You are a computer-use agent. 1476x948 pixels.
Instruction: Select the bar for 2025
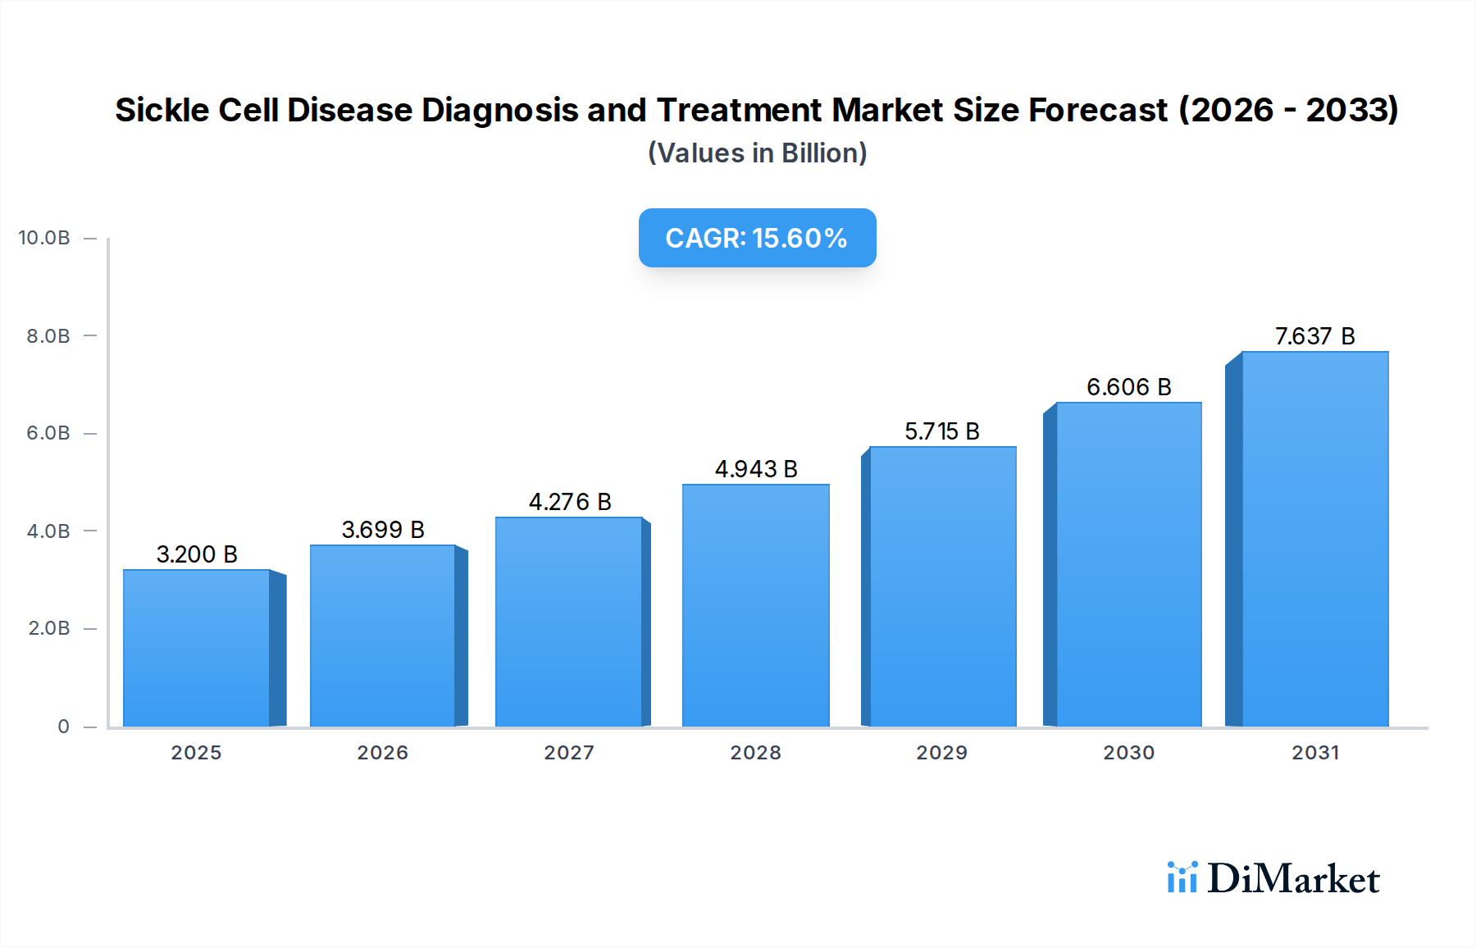coord(197,648)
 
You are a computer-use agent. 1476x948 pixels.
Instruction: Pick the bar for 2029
coord(942,586)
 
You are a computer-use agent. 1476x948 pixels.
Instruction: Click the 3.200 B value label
coord(197,554)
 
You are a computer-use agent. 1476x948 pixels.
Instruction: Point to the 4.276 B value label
coord(570,502)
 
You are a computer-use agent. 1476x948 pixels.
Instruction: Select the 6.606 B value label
coord(1128,387)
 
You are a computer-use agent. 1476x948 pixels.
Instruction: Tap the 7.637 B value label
coord(1314,336)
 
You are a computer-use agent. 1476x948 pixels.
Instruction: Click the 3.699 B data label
coord(383,530)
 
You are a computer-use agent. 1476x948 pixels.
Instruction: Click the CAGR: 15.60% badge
coord(757,238)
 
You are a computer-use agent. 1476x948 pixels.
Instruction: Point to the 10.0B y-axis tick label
coord(44,238)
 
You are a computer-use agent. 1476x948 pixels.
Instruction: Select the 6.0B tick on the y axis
coord(48,433)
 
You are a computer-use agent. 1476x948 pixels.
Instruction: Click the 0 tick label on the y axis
coord(63,727)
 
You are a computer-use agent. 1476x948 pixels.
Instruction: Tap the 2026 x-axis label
coord(382,753)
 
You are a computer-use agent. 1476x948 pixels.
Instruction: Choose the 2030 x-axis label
coord(1128,753)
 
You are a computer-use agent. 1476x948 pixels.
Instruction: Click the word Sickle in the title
coord(162,110)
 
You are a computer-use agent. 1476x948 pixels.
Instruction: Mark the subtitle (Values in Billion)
coord(757,153)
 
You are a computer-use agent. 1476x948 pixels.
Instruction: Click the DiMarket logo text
coord(1293,879)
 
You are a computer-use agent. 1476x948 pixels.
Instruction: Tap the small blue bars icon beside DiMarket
coord(1182,877)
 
